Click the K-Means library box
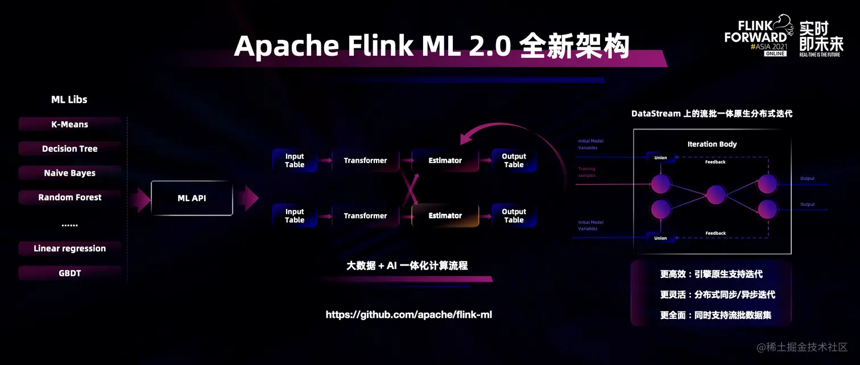(x=70, y=124)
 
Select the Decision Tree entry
(x=70, y=148)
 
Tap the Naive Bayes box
(x=70, y=173)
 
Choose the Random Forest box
(x=70, y=197)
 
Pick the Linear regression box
(x=70, y=248)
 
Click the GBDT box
(x=70, y=273)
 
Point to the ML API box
(x=192, y=198)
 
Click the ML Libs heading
(x=69, y=99)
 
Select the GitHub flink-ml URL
(x=408, y=314)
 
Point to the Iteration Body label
(x=712, y=144)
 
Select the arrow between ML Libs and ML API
(x=139, y=198)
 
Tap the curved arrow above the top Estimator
(x=512, y=136)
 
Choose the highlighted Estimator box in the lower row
(x=445, y=215)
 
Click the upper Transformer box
(x=365, y=160)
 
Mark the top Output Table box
(x=514, y=160)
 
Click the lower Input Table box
(x=295, y=215)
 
